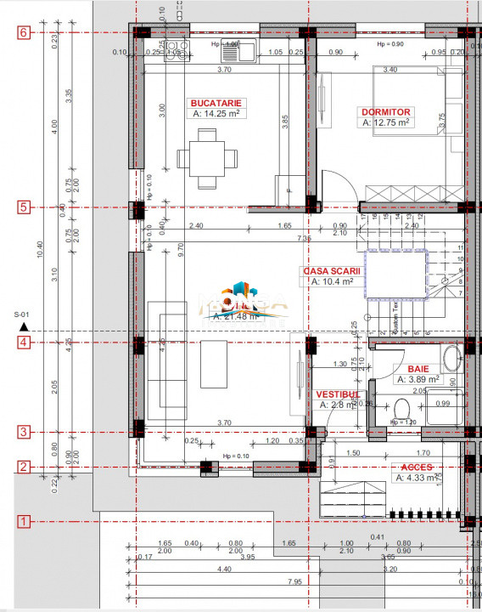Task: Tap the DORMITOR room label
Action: click(386, 111)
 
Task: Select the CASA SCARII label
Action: click(332, 270)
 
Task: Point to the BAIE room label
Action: click(418, 369)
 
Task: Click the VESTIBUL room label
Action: click(339, 394)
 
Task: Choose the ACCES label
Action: click(417, 467)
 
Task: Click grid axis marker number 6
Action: click(24, 32)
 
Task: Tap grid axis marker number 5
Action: click(24, 207)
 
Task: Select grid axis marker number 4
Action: click(24, 343)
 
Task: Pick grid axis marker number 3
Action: click(24, 432)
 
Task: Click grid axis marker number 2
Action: click(24, 467)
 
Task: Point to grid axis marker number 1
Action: click(24, 520)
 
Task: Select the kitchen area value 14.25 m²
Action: click(217, 112)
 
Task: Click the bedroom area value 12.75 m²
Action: click(386, 122)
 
